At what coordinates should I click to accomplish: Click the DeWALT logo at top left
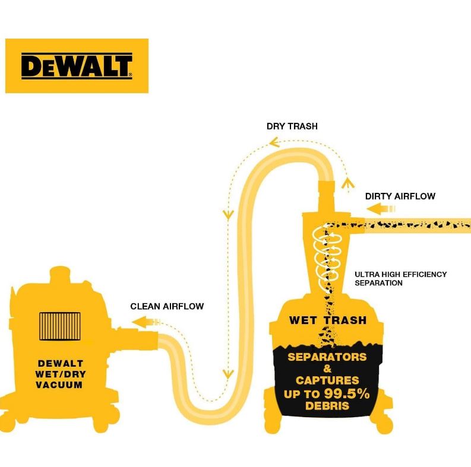(x=77, y=66)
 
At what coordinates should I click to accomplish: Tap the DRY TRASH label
(x=292, y=126)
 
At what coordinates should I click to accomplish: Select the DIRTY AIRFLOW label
(x=400, y=196)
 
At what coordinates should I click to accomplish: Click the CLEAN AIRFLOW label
(x=167, y=307)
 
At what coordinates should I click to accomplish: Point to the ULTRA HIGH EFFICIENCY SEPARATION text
(x=400, y=279)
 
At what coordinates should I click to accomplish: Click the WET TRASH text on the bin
(x=327, y=320)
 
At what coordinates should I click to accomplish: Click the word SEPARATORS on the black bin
(x=327, y=357)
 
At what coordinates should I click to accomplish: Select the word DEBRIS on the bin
(x=327, y=406)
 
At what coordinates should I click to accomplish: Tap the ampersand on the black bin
(x=327, y=369)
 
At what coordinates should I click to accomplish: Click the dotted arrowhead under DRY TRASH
(x=273, y=142)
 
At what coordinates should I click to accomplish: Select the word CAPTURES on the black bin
(x=327, y=380)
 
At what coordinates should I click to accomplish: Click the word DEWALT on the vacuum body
(x=60, y=363)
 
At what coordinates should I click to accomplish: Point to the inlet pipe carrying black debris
(x=416, y=224)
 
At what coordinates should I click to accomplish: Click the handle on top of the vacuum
(x=59, y=274)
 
